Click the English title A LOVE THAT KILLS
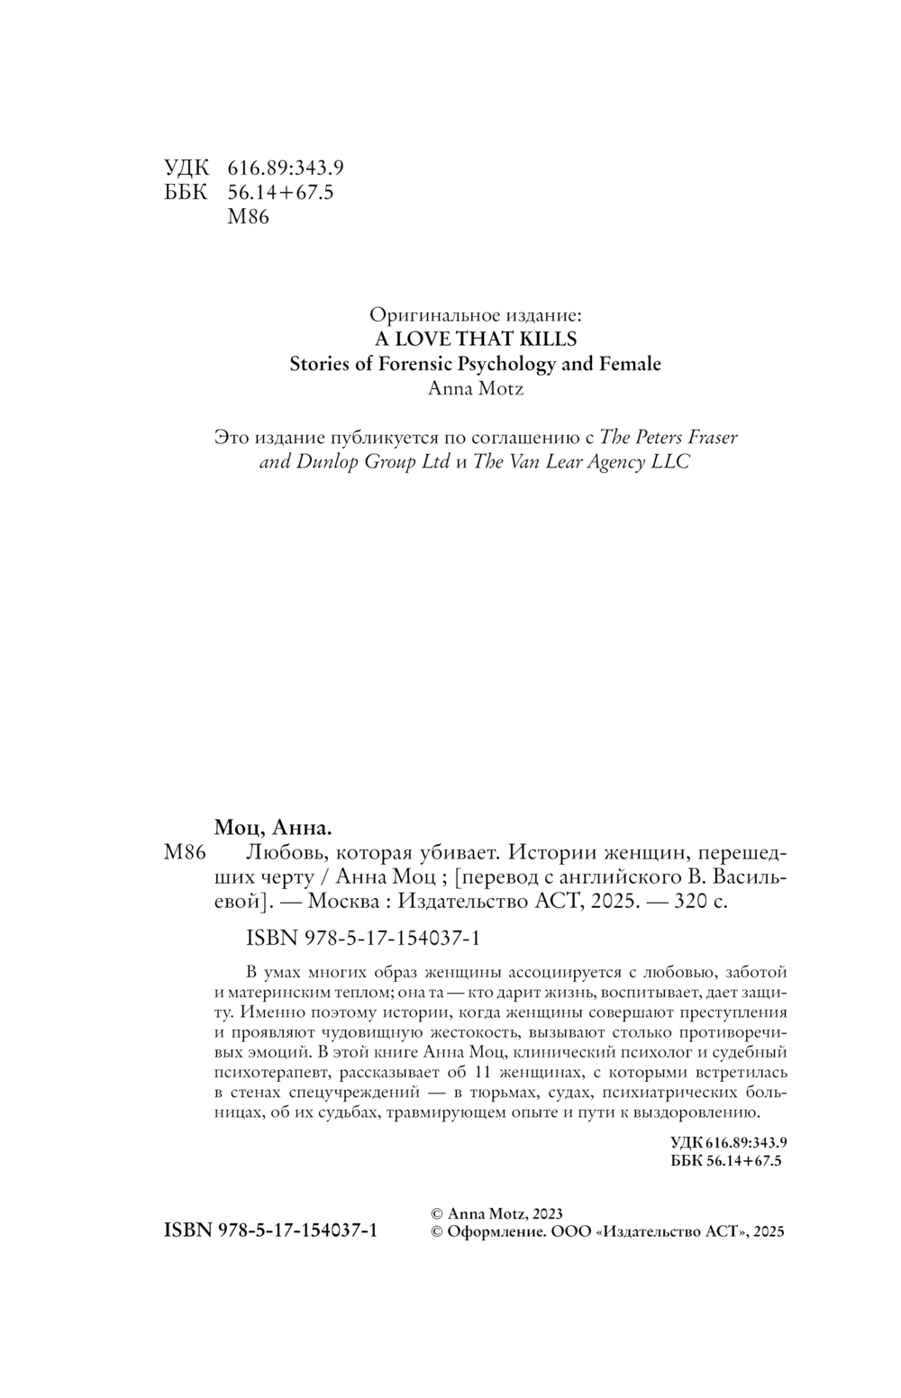pyautogui.click(x=475, y=340)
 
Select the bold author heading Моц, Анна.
pyautogui.click(x=274, y=828)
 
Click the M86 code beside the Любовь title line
pyautogui.click(x=187, y=853)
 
